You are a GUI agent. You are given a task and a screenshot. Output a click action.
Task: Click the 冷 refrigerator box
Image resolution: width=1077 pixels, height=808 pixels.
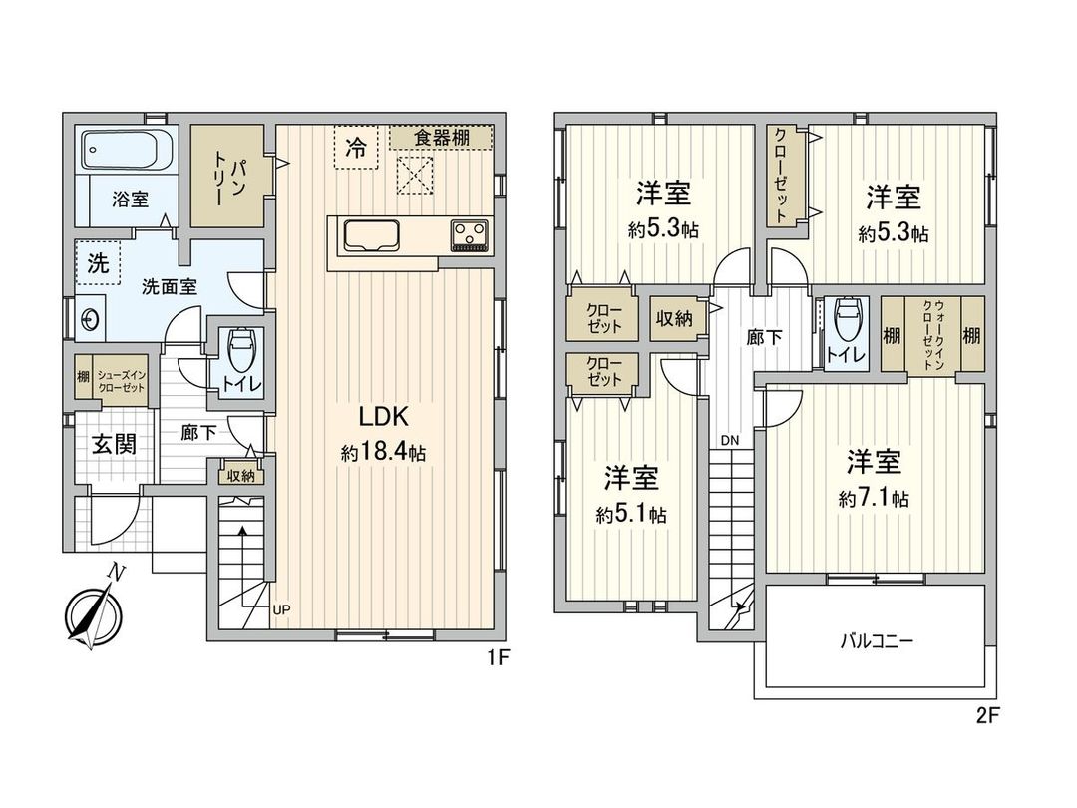356,148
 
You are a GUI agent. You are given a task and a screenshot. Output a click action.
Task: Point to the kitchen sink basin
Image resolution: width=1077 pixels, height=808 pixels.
371,236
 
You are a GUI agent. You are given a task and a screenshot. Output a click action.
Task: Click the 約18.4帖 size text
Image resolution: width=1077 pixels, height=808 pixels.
383,453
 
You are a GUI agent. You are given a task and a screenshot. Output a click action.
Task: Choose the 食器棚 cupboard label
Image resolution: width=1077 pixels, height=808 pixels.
441,138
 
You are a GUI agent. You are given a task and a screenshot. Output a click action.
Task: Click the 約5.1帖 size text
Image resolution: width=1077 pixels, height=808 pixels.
631,516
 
